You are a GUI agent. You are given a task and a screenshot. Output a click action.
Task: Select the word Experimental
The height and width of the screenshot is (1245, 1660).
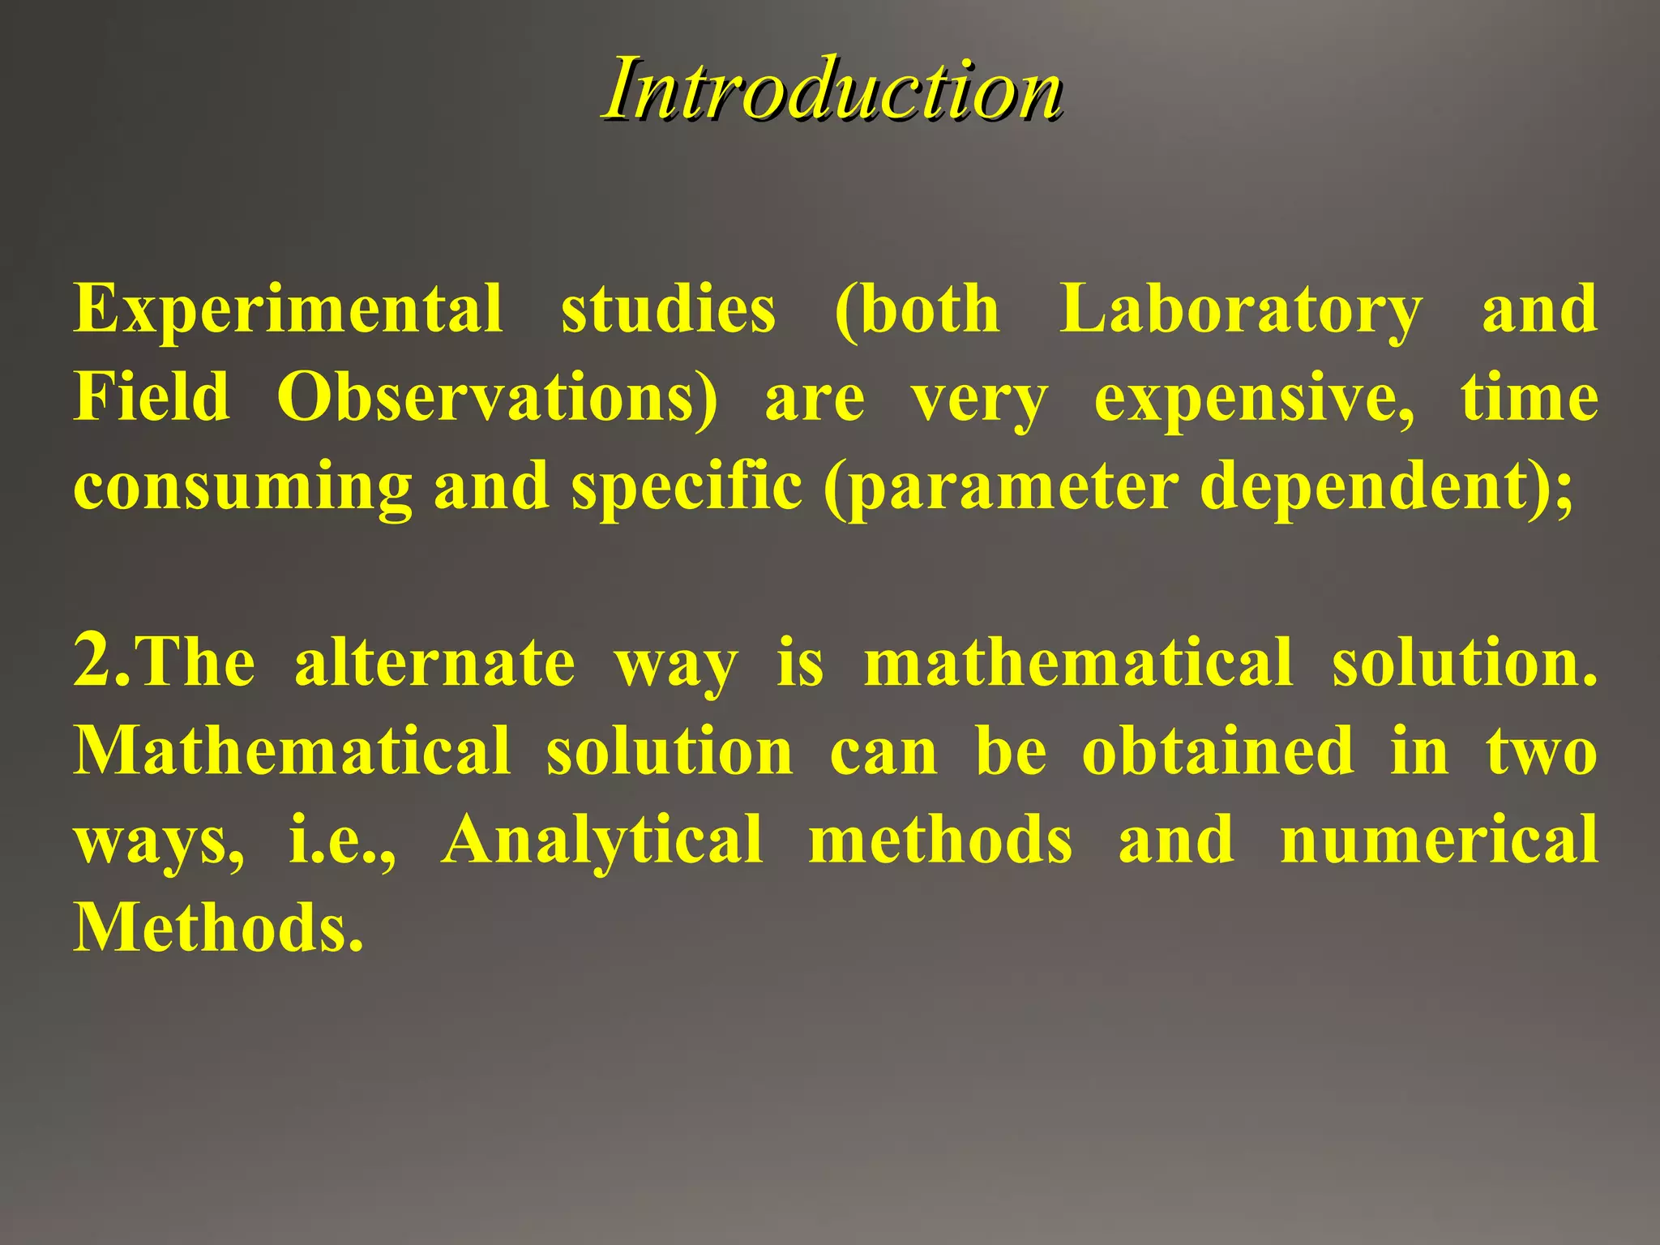click(x=288, y=310)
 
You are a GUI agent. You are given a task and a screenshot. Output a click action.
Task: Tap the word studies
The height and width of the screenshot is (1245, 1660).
click(x=668, y=310)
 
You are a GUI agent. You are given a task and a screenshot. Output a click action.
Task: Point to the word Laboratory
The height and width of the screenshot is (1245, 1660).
click(x=1240, y=311)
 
